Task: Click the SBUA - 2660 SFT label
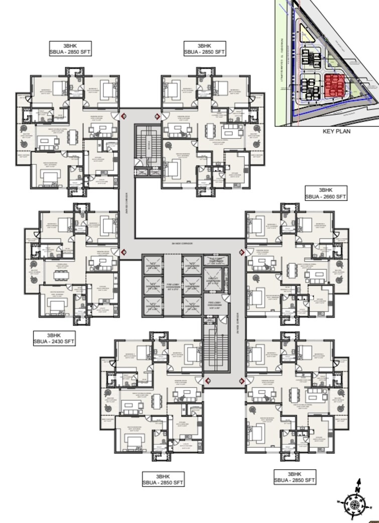pos(326,197)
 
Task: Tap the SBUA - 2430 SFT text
pos(54,342)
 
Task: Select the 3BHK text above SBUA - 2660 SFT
pos(326,190)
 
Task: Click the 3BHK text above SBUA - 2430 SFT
pos(54,335)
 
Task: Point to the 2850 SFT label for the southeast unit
pos(295,481)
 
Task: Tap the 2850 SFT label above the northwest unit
pos(70,52)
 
